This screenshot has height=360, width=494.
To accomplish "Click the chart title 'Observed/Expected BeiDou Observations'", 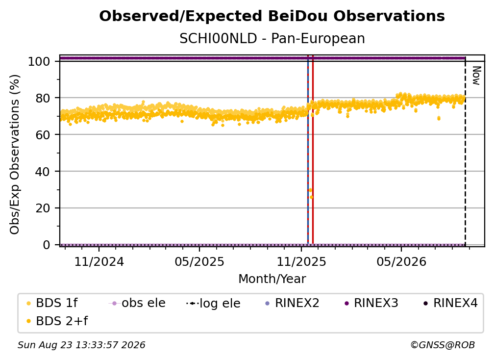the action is (272, 16).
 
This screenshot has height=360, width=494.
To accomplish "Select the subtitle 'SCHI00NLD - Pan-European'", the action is (272, 39).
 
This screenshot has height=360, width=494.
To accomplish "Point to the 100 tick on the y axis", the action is (39, 61).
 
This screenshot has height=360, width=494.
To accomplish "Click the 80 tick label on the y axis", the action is (43, 98).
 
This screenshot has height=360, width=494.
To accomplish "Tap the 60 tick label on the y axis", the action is (43, 135).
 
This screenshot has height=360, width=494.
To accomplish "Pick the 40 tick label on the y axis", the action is (43, 172).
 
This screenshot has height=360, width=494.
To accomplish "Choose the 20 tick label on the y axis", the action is (43, 208).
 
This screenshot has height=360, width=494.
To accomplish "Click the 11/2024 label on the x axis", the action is (99, 261).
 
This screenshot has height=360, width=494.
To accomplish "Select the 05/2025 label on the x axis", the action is (199, 261).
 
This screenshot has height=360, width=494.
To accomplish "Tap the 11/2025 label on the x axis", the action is (301, 261).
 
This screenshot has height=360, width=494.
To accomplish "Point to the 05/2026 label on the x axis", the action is (401, 261).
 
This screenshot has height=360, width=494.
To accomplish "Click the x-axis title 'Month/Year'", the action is (272, 279).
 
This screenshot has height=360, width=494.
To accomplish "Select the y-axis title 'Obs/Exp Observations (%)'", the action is (15, 154).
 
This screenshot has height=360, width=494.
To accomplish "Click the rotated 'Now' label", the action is (476, 76).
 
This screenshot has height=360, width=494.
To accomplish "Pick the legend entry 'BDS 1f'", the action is (52, 303).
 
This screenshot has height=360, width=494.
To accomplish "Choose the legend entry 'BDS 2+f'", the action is (57, 321).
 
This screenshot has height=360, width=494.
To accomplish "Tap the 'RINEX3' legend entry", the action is (371, 303).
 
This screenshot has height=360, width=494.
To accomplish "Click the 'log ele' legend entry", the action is (213, 303).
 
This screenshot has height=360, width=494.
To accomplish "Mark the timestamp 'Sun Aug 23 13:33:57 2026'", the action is (81, 345).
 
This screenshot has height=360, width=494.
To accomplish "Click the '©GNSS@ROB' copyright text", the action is (443, 345).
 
